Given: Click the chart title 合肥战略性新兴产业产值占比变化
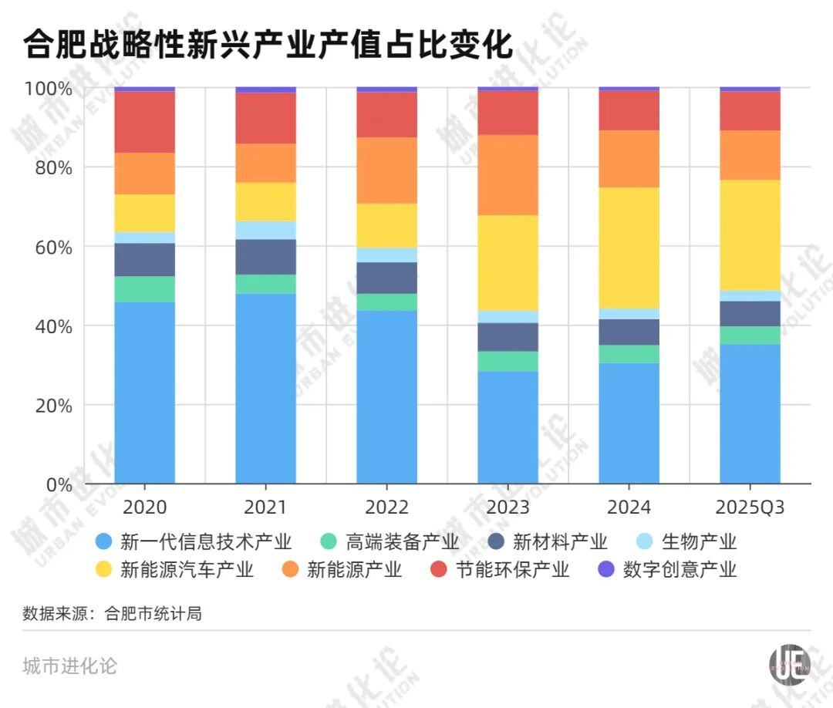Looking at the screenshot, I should pyautogui.click(x=268, y=44).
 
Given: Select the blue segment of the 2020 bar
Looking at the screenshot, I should pyautogui.click(x=144, y=393).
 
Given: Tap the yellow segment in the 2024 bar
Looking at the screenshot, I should pyautogui.click(x=629, y=248).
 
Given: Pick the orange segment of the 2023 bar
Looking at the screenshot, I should pyautogui.click(x=508, y=175).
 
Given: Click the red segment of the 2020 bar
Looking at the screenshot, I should pyautogui.click(x=144, y=122).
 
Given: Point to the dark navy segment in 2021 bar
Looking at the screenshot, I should pyautogui.click(x=265, y=257).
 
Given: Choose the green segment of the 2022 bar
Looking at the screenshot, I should pyautogui.click(x=386, y=302).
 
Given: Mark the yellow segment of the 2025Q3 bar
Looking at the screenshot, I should pyautogui.click(x=750, y=234).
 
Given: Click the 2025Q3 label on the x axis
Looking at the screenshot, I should pyautogui.click(x=750, y=507).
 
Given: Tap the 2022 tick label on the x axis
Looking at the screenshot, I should pyautogui.click(x=386, y=507).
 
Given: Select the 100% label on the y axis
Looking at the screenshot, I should pyautogui.click(x=48, y=89).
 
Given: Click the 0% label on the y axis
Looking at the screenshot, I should pyautogui.click(x=59, y=484).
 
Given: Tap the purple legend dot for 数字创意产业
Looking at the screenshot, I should pyautogui.click(x=607, y=570).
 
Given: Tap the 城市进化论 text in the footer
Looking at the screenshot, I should pyautogui.click(x=70, y=666).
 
